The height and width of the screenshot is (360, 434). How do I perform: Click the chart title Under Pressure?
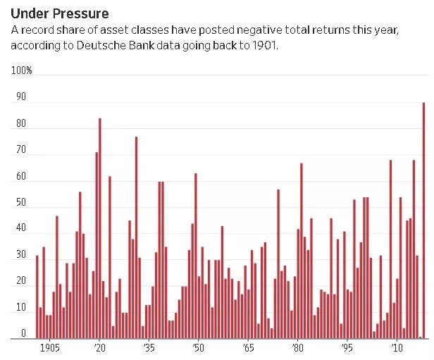(x=58, y=14)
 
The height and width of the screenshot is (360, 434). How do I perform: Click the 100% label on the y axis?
(x=22, y=71)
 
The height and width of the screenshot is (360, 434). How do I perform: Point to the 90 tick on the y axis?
(x=21, y=98)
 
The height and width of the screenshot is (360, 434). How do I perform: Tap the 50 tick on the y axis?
(x=21, y=203)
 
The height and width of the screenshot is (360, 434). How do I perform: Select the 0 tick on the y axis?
(x=23, y=333)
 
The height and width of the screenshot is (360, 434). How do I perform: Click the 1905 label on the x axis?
(x=49, y=348)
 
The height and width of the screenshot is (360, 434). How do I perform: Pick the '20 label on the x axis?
(x=99, y=348)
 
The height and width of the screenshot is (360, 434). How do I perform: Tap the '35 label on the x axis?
(x=149, y=348)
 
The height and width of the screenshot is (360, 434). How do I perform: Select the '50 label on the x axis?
(x=198, y=348)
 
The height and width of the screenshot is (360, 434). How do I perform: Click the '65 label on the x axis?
(x=248, y=348)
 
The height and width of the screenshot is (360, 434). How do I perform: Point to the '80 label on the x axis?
(x=297, y=348)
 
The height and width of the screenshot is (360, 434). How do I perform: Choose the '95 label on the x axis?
(x=347, y=348)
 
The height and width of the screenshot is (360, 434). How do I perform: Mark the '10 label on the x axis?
(x=397, y=348)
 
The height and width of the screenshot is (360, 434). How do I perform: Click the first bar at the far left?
(x=37, y=296)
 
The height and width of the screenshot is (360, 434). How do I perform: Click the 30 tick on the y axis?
(x=21, y=255)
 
